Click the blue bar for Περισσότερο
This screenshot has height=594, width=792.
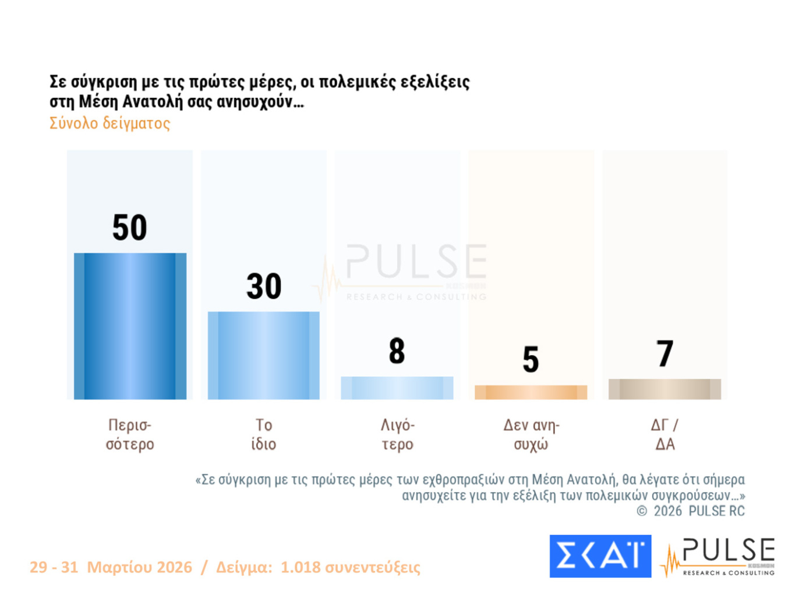130,326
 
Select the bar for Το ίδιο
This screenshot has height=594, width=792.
263,355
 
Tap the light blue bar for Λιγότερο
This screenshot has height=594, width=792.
397,388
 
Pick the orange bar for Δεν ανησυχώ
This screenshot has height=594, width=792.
531,392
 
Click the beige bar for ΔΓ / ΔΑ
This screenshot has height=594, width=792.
664,389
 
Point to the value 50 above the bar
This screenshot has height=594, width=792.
129,227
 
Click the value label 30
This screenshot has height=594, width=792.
264,286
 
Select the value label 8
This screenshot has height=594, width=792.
397,351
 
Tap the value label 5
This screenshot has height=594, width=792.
531,359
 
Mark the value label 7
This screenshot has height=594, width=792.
664,353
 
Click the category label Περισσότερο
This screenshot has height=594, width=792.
130,434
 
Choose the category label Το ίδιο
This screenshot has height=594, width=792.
263,434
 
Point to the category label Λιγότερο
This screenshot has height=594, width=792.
397,434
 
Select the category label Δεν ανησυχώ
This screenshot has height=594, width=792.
531,434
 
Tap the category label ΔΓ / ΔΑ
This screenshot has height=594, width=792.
664,434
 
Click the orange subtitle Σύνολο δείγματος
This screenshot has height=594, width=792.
109,123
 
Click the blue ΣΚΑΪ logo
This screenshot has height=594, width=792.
600,556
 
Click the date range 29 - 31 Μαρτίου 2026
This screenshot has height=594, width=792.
111,567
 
